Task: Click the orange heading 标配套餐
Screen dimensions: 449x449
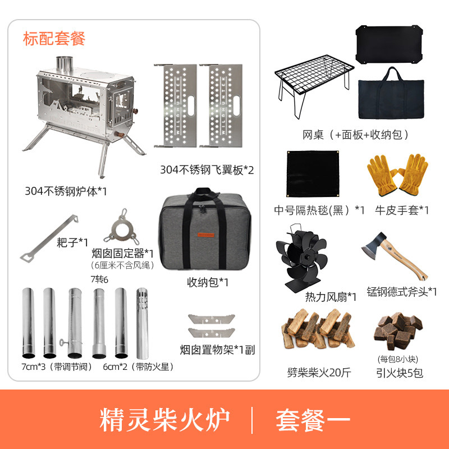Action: click(x=54, y=39)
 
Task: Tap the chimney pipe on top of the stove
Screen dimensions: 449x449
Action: click(x=65, y=64)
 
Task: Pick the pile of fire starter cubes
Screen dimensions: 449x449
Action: click(x=398, y=331)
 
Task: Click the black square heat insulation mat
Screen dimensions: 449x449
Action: click(x=313, y=173)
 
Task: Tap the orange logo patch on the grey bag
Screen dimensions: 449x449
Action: click(x=205, y=235)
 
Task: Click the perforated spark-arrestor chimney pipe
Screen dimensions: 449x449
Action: click(x=143, y=324)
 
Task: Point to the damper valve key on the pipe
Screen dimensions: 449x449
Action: click(x=63, y=342)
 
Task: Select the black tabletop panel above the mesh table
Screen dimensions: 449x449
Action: click(x=389, y=45)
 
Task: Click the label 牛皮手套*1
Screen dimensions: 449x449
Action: click(x=402, y=210)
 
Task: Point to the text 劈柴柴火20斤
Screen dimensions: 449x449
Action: click(x=319, y=373)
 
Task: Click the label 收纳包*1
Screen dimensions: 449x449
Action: click(x=208, y=282)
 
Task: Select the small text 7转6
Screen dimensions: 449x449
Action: click(x=99, y=279)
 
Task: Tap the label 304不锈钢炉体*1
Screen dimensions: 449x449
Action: click(x=66, y=191)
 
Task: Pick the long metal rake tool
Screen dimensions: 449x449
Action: click(x=49, y=238)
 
